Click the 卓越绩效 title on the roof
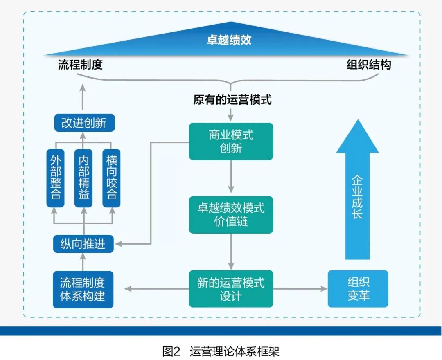click(x=229, y=40)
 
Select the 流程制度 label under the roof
click(x=80, y=65)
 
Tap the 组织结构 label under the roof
click(x=369, y=65)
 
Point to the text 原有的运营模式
click(x=232, y=100)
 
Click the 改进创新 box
click(x=84, y=123)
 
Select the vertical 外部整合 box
click(x=56, y=178)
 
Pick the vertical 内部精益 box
click(x=83, y=178)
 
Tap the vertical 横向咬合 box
click(x=111, y=178)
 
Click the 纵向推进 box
click(x=83, y=244)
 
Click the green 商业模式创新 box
click(x=231, y=142)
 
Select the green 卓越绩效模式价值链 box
click(x=231, y=215)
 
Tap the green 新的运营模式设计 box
click(x=231, y=289)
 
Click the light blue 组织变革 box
click(x=358, y=289)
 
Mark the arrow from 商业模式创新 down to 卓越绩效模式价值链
click(x=231, y=176)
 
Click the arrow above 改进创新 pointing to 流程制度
click(x=83, y=98)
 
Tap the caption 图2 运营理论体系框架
click(x=221, y=351)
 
